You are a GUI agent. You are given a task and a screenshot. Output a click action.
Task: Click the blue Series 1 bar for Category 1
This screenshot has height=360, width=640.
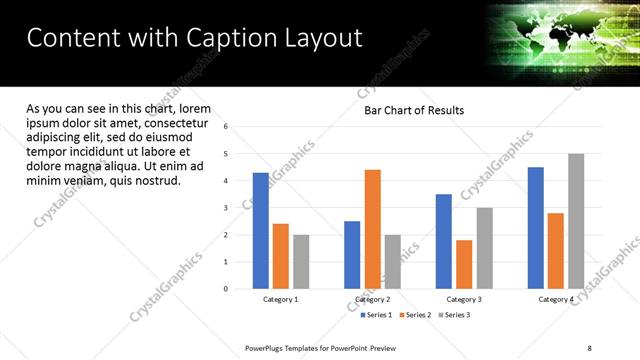pyautogui.click(x=261, y=231)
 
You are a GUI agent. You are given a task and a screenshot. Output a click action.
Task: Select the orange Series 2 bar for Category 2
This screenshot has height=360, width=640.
pyautogui.click(x=372, y=229)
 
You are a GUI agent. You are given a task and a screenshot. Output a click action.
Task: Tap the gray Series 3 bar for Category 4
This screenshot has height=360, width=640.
pyautogui.click(x=576, y=221)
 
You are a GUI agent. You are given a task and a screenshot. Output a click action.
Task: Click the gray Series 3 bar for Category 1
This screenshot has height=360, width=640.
pyautogui.click(x=301, y=262)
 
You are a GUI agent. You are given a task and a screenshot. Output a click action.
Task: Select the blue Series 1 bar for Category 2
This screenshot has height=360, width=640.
pyautogui.click(x=352, y=255)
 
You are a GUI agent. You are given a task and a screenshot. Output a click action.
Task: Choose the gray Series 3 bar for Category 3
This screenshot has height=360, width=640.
pyautogui.click(x=484, y=248)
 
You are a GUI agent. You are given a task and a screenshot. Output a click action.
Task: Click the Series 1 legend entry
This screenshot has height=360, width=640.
pyautogui.click(x=377, y=315)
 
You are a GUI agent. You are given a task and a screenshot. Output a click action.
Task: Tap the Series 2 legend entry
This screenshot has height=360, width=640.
pyautogui.click(x=415, y=315)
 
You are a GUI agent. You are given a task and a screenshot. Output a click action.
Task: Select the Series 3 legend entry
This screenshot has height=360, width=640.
pyautogui.click(x=453, y=315)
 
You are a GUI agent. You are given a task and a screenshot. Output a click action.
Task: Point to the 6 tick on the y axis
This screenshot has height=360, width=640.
pyautogui.click(x=226, y=127)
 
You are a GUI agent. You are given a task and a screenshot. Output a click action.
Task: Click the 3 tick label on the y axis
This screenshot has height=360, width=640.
pyautogui.click(x=226, y=208)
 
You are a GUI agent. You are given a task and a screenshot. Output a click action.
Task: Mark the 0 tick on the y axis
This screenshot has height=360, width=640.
pyautogui.click(x=226, y=289)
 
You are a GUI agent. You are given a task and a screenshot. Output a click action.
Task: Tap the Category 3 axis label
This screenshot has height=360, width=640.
pyautogui.click(x=464, y=299)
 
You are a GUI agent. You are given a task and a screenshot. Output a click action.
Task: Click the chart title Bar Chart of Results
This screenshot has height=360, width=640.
pyautogui.click(x=413, y=110)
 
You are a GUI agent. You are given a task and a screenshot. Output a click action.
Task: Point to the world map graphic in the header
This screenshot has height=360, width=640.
pyautogui.click(x=560, y=35)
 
